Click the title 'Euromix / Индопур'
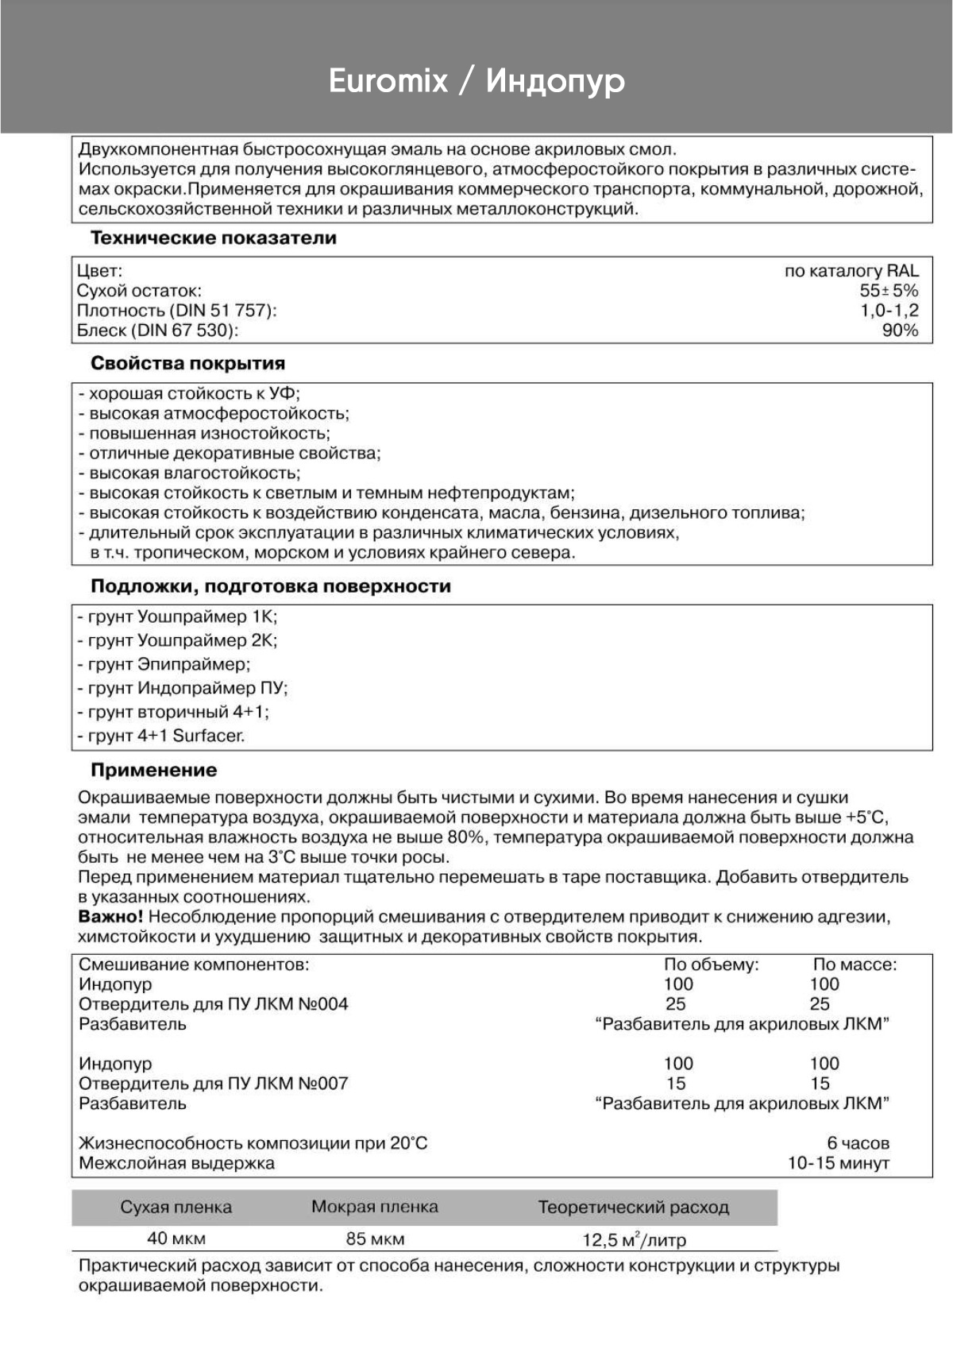click(x=476, y=81)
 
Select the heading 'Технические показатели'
click(x=213, y=238)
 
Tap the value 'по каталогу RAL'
click(x=851, y=271)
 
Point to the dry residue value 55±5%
click(x=888, y=291)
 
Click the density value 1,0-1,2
click(x=889, y=311)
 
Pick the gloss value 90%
click(x=899, y=330)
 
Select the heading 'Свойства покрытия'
click(x=187, y=364)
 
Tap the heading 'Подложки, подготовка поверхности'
click(x=270, y=586)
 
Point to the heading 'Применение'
click(x=153, y=770)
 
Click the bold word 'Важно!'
click(x=110, y=917)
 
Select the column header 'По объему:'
click(x=711, y=964)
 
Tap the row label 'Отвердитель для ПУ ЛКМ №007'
click(x=213, y=1084)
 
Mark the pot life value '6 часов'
click(x=857, y=1143)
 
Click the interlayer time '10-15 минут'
click(x=838, y=1163)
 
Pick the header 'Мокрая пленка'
click(x=374, y=1207)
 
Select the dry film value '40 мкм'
click(x=176, y=1239)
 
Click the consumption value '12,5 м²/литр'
click(x=634, y=1239)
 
